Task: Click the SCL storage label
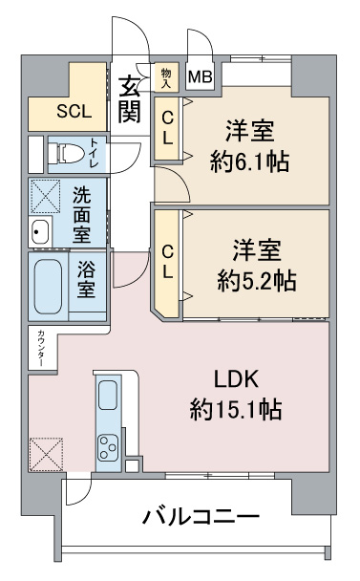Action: (x=74, y=111)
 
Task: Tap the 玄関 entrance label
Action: (x=129, y=99)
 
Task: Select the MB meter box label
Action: (x=200, y=77)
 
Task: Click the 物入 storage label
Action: (x=166, y=77)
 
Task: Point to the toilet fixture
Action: (x=66, y=153)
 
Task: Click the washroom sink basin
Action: (x=40, y=232)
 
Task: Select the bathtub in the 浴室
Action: (x=48, y=286)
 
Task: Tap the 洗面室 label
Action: (x=81, y=214)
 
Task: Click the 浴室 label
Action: (x=86, y=279)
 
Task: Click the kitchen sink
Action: (x=108, y=395)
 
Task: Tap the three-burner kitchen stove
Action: (x=108, y=448)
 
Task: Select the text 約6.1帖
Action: (x=249, y=161)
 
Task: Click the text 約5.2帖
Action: (x=257, y=281)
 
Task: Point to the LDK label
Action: (x=236, y=378)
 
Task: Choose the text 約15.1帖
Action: (x=236, y=409)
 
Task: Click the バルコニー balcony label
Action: (x=201, y=517)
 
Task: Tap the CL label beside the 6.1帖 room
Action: (x=168, y=128)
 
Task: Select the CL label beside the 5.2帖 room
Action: (x=168, y=262)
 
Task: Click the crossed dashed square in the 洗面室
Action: (x=45, y=197)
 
